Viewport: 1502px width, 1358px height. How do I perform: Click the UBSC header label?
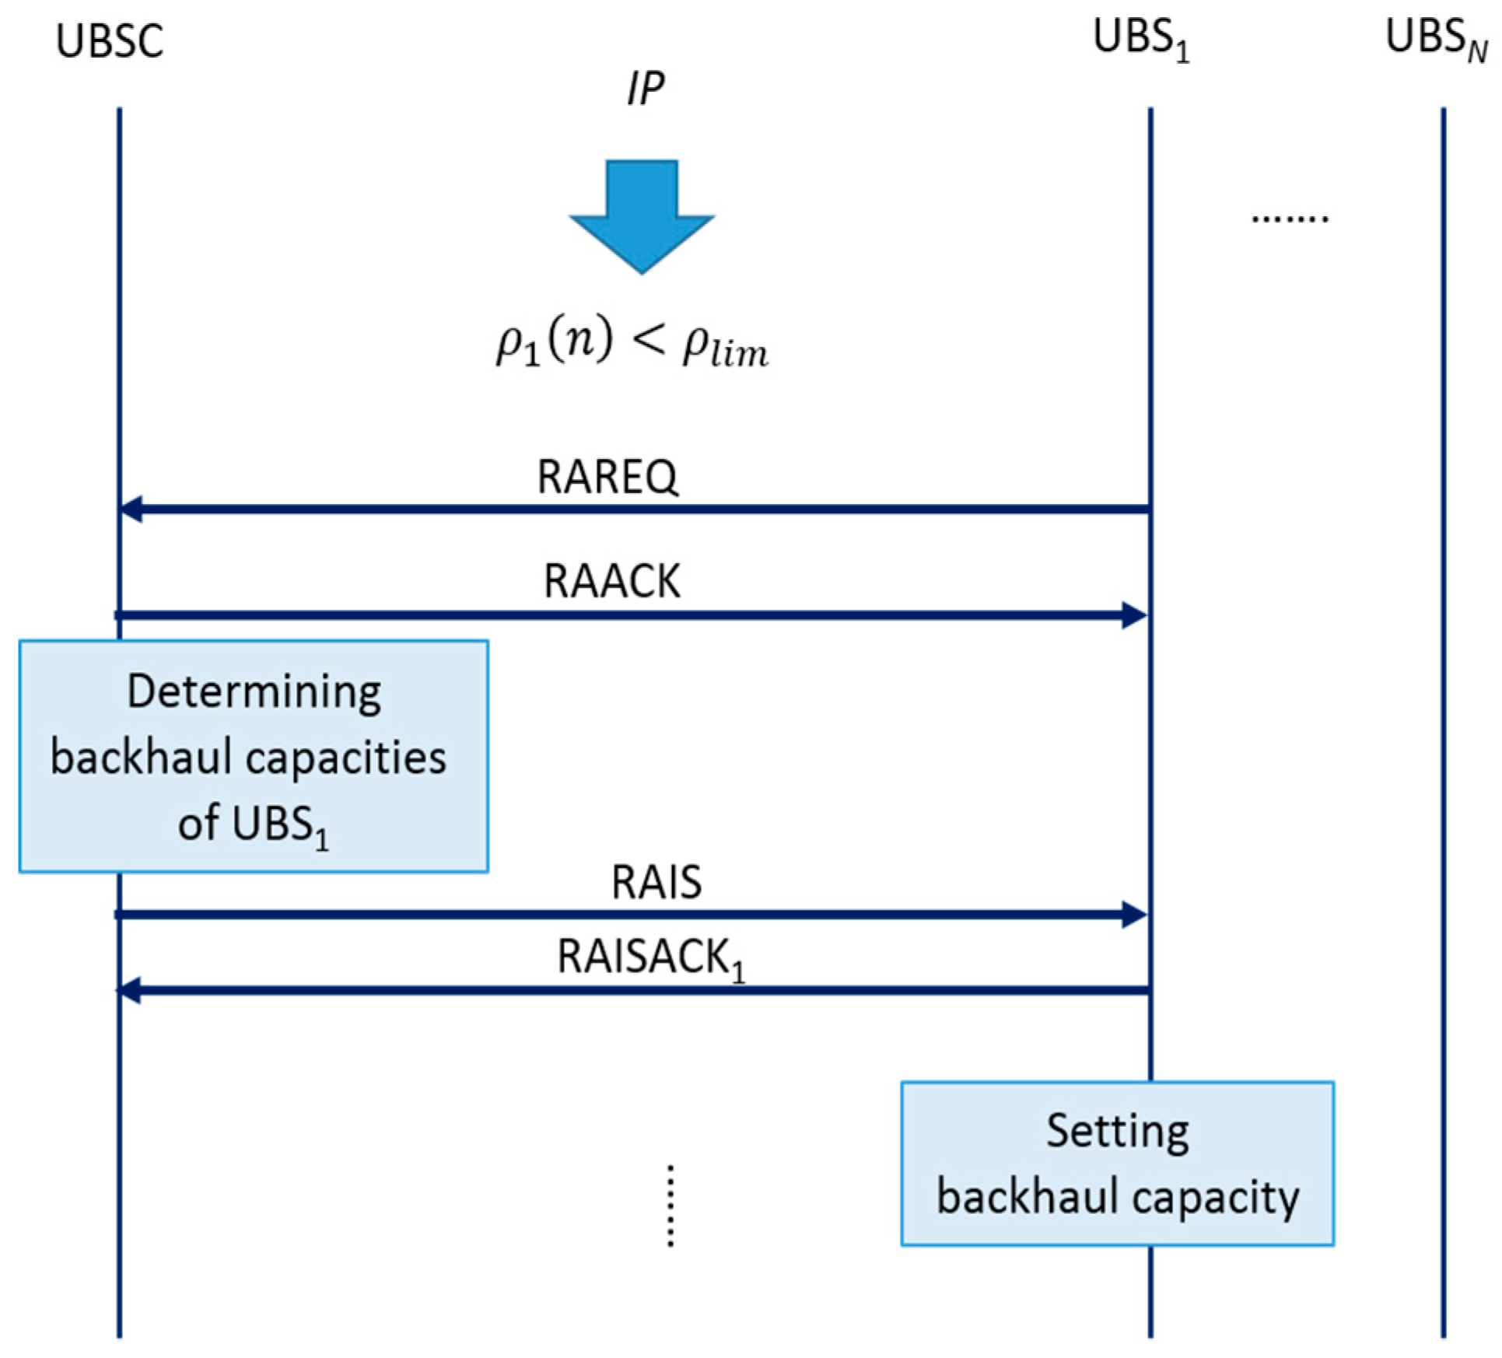click(109, 41)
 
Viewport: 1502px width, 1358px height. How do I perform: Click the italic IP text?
click(645, 89)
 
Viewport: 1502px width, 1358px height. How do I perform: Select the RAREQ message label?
click(607, 476)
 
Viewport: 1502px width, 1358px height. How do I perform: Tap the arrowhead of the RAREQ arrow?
click(131, 509)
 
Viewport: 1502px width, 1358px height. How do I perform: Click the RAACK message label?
click(611, 581)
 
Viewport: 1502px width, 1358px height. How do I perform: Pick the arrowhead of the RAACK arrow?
click(1134, 615)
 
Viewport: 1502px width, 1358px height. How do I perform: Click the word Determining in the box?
click(254, 691)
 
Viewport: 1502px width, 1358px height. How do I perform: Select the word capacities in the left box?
click(346, 758)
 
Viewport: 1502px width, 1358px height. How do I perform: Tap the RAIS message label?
click(656, 882)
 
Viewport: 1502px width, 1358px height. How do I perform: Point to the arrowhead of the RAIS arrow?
click(1134, 915)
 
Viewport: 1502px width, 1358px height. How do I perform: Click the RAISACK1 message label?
click(650, 957)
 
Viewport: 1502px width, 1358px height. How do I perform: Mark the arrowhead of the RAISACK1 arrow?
click(129, 991)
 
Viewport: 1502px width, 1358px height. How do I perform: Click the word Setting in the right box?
click(1117, 1131)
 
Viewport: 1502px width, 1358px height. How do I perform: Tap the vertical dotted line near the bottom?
click(670, 1206)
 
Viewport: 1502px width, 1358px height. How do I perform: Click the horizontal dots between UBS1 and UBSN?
click(1290, 219)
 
